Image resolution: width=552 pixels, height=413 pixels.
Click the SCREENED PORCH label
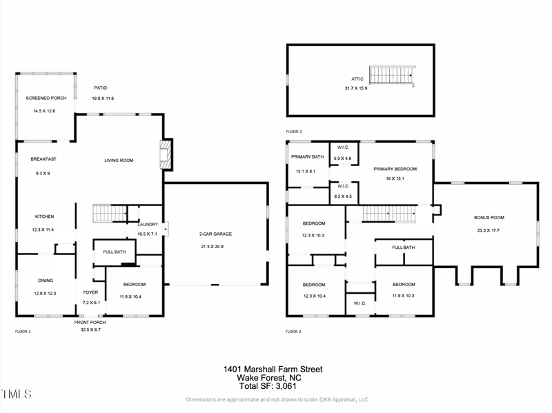(x=41, y=98)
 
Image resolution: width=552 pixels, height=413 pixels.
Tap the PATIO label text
(x=101, y=88)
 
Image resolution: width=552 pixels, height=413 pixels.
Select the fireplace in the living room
(x=165, y=154)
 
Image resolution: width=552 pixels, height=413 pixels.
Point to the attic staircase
(x=392, y=75)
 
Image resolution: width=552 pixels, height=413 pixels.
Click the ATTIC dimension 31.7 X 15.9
(x=356, y=88)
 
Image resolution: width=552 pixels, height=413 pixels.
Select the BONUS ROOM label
(x=487, y=217)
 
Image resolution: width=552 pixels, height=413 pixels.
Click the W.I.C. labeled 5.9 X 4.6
(x=343, y=159)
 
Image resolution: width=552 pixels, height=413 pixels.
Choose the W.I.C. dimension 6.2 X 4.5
(x=343, y=197)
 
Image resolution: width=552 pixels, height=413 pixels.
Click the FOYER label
(x=91, y=292)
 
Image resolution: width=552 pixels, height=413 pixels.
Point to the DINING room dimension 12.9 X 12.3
(x=46, y=293)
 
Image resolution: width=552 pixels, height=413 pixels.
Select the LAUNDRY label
(x=148, y=224)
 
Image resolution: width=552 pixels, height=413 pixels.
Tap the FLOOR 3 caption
(x=294, y=131)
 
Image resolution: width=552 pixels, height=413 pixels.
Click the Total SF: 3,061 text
(x=273, y=386)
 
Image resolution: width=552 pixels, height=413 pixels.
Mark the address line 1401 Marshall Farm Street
(x=273, y=370)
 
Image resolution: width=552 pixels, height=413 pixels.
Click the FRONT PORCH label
(x=90, y=322)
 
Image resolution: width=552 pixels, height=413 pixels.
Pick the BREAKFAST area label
(x=43, y=159)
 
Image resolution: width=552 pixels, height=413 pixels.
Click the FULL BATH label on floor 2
(x=404, y=248)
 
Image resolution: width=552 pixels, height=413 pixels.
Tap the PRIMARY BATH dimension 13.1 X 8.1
(x=305, y=171)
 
